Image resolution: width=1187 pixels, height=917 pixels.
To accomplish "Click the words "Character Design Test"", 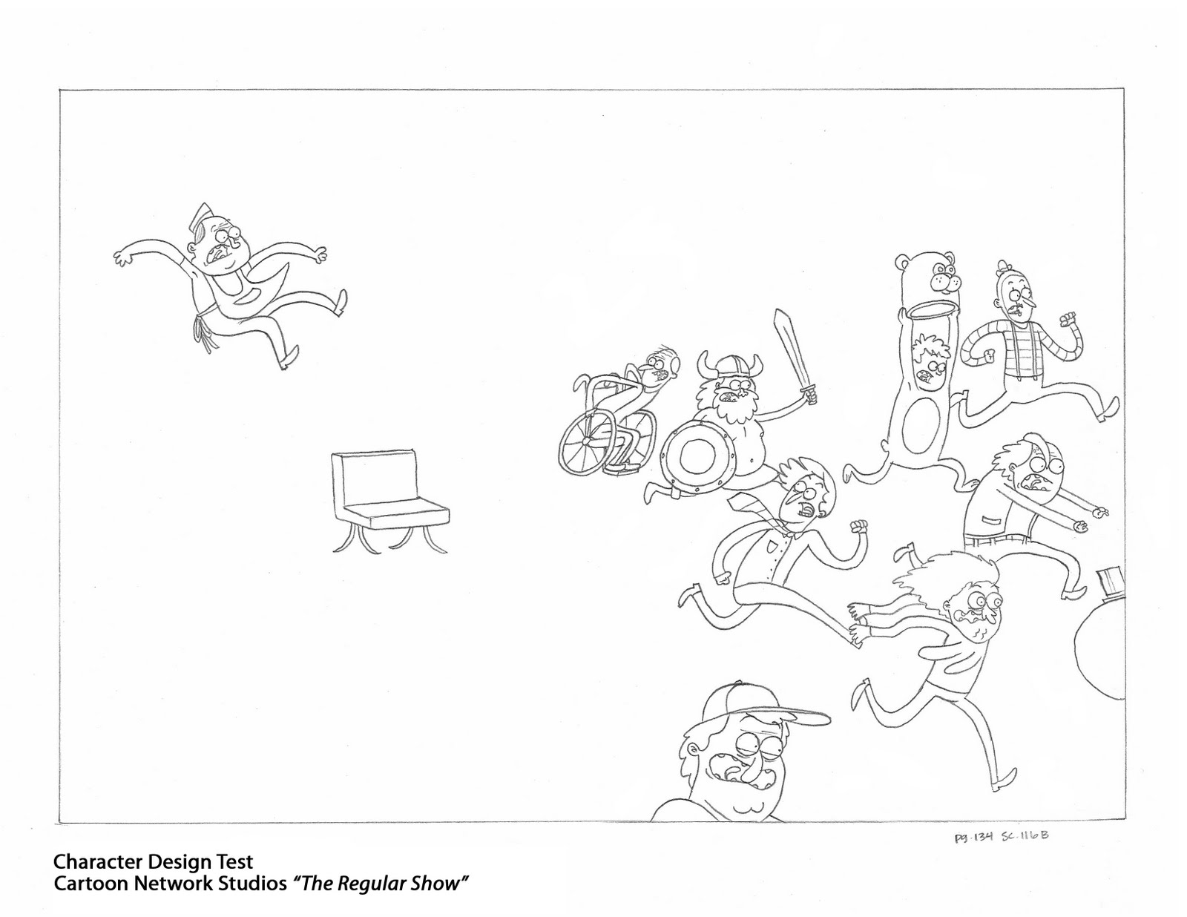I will point(153,862).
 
